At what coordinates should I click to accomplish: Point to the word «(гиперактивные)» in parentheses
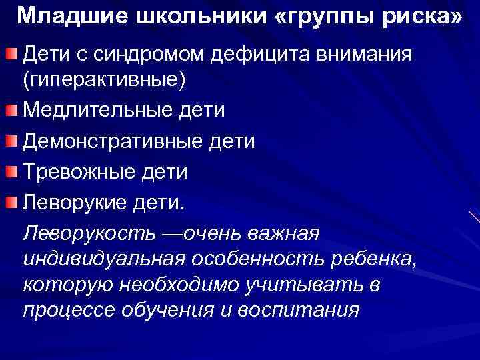(x=103, y=81)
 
